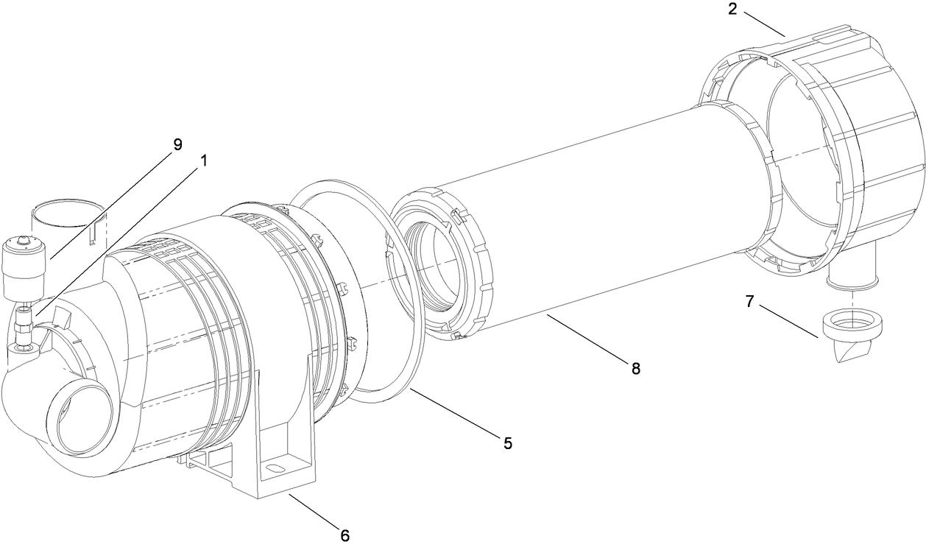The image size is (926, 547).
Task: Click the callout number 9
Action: click(177, 144)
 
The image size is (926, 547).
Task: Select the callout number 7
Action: click(750, 302)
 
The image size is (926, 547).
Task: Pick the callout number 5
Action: click(507, 442)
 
